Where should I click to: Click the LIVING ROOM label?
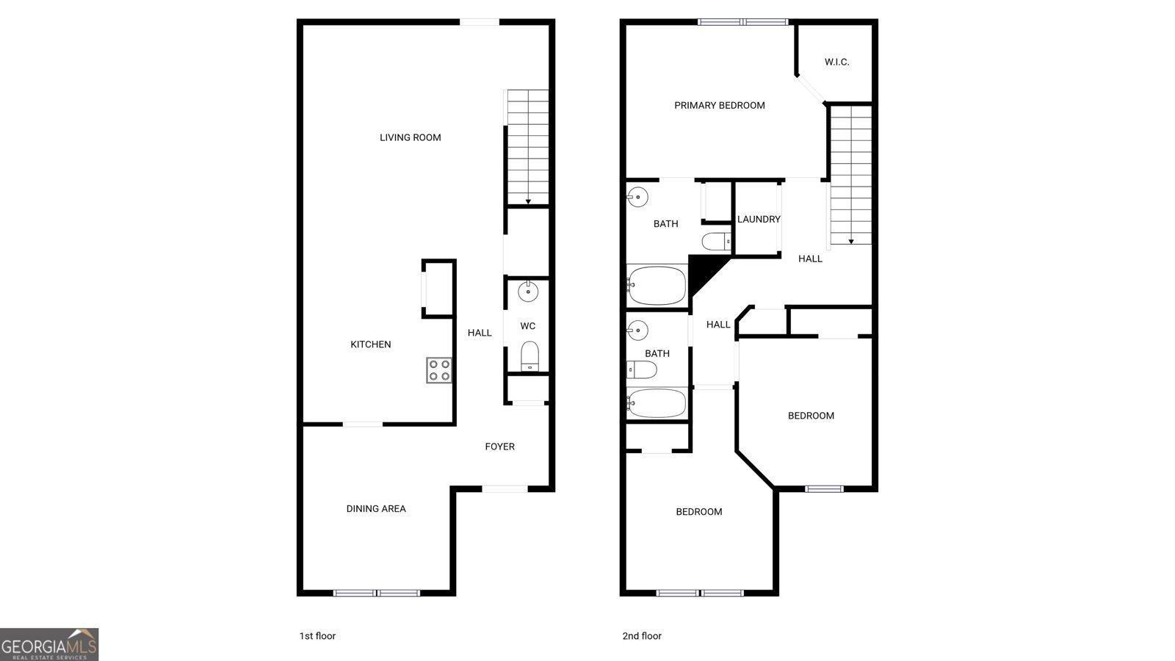pos(410,137)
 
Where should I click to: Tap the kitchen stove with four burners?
pos(438,370)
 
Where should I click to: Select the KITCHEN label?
pos(370,344)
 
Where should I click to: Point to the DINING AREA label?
pos(375,508)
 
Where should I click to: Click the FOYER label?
pos(499,447)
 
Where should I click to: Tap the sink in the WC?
pos(528,292)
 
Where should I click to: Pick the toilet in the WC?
pos(529,357)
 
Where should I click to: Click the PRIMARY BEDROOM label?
pos(719,106)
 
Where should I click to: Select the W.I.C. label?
pos(836,62)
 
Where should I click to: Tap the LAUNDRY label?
pos(759,219)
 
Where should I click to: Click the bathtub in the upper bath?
pos(657,286)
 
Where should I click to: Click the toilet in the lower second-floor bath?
pos(641,369)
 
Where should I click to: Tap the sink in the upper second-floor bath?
pos(637,197)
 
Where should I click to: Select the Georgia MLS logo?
pos(49,644)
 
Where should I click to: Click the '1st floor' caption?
pos(317,636)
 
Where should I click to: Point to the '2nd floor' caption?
pos(641,636)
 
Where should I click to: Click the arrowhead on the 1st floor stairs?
pos(528,201)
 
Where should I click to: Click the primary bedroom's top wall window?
pos(742,22)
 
